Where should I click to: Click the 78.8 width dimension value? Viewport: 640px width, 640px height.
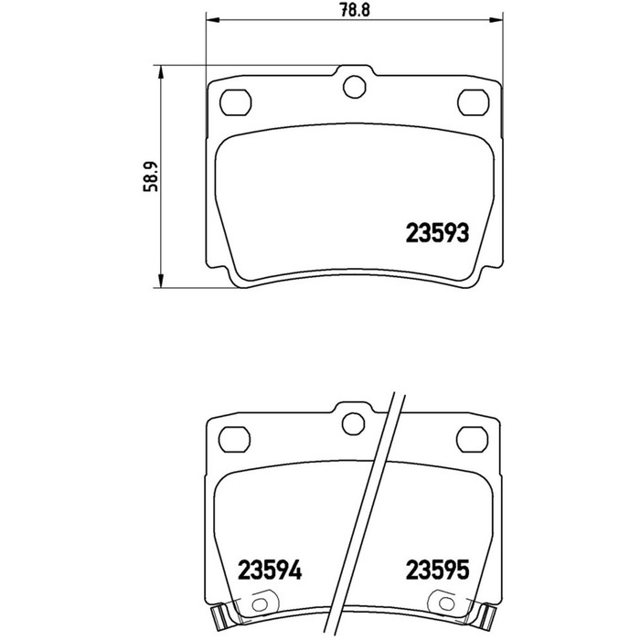[x=355, y=10]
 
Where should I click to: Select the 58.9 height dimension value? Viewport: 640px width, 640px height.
[x=150, y=176]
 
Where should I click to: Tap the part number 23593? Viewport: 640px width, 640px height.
[x=437, y=233]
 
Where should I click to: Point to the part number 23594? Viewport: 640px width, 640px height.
[x=270, y=570]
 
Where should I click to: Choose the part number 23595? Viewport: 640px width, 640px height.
[x=438, y=570]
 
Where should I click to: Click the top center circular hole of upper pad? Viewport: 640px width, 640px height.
[x=355, y=87]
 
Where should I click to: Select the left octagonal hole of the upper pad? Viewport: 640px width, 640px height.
[x=236, y=102]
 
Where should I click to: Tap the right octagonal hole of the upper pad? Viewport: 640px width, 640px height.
[x=473, y=102]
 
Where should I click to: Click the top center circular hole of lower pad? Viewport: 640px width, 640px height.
[x=353, y=423]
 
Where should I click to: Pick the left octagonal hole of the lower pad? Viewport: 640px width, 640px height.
[x=235, y=439]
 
